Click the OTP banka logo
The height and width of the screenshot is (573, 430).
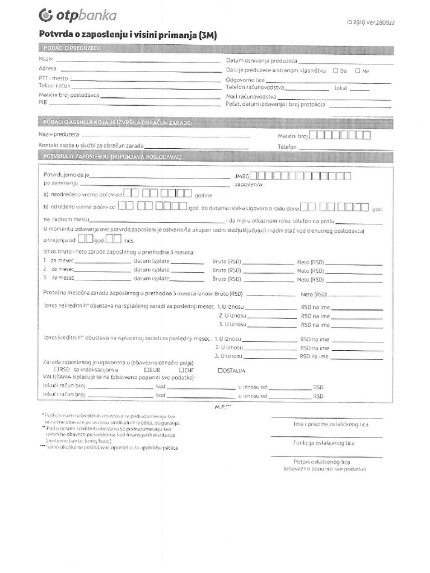click(78, 16)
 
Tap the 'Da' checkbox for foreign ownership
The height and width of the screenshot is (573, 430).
click(335, 71)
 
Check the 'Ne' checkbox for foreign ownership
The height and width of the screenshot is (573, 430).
click(357, 71)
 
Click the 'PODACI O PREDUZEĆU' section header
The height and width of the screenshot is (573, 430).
click(72, 49)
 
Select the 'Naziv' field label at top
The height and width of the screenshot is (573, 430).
click(46, 59)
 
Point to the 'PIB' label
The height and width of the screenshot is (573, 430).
click(43, 103)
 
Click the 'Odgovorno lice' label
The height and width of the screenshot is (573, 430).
click(245, 80)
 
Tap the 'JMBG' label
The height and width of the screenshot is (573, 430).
click(242, 176)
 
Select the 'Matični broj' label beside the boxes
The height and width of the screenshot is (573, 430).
click(293, 136)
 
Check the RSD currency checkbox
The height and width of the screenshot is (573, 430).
click(57, 370)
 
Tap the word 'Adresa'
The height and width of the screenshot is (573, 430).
click(48, 68)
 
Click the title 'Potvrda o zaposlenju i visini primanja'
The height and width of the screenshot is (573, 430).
click(128, 35)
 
